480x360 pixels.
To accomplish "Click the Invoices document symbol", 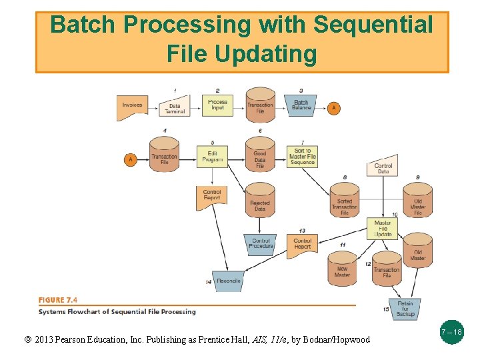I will click(x=132, y=107).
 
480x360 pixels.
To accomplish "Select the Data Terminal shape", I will click(x=175, y=107).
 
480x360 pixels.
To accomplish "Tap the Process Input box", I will click(x=217, y=105).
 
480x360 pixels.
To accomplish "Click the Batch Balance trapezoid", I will click(x=301, y=106).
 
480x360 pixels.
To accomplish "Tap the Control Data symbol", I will click(x=383, y=167).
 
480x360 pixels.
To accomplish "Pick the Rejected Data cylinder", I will click(x=260, y=204).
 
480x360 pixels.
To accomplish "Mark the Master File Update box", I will click(x=383, y=229).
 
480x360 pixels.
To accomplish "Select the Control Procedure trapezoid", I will click(x=261, y=243).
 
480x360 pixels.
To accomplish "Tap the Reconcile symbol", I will click(x=228, y=280).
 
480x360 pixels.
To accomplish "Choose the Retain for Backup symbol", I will click(x=405, y=308).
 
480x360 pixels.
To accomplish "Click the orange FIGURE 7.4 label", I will click(x=57, y=300).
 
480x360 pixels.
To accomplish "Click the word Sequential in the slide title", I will click(x=373, y=25).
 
